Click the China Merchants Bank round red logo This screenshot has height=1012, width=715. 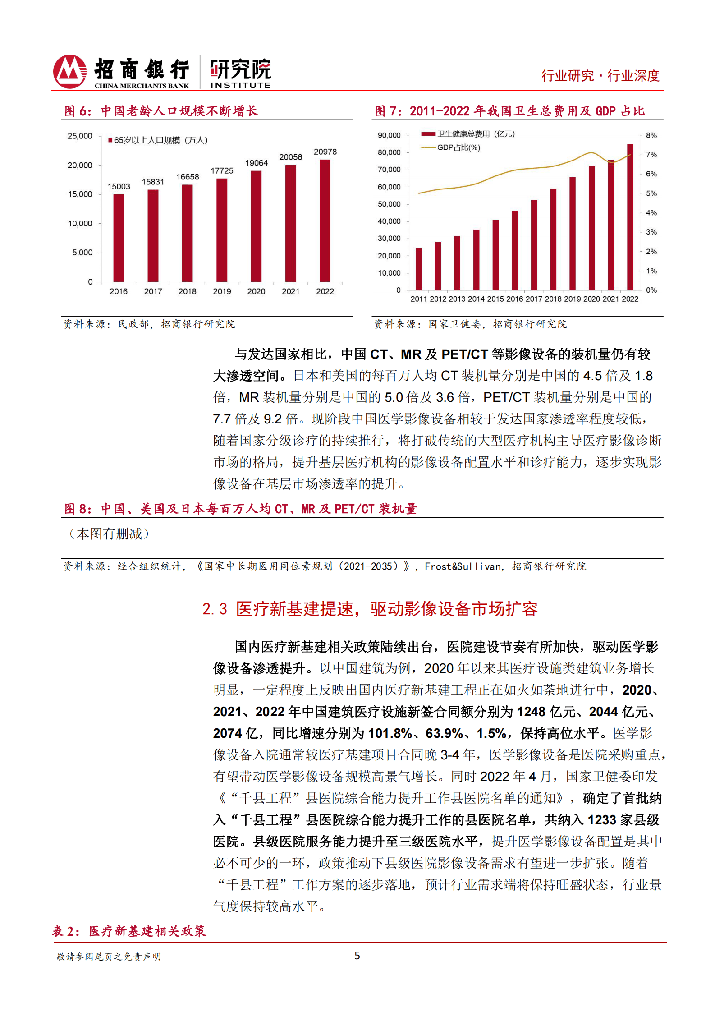69,71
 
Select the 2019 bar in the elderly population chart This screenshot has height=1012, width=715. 222,230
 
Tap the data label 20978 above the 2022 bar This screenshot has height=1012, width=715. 325,152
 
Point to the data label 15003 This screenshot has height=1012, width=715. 119,186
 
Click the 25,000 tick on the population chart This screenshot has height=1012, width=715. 80,136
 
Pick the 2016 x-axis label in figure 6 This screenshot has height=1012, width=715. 119,291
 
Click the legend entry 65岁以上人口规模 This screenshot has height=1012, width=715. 158,140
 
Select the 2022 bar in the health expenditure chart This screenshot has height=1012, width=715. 630,217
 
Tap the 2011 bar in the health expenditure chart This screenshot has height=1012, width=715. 418,269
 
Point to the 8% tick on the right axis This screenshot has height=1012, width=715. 651,135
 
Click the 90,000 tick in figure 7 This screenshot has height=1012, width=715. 389,135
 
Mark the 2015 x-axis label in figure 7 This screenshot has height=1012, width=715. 495,299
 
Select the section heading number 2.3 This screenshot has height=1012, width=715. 215,609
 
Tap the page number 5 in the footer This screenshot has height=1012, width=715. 357,956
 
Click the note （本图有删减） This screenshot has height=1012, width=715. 109,534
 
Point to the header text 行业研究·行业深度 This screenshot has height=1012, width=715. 600,76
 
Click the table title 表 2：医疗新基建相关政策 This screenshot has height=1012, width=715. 129,931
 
